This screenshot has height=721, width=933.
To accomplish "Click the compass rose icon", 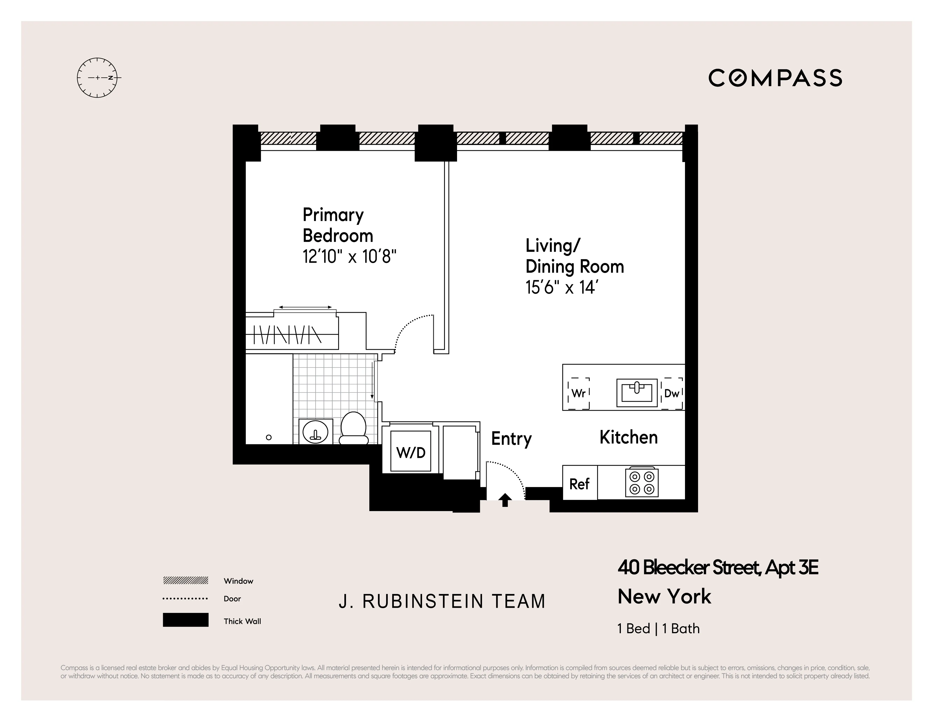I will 97,78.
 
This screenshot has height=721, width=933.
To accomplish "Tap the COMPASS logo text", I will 775,78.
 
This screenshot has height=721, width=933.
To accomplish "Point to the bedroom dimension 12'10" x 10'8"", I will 349,257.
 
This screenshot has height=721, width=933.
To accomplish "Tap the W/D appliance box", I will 411,452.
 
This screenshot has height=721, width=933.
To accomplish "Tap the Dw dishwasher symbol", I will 671,393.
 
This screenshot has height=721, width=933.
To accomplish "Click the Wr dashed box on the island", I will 578,393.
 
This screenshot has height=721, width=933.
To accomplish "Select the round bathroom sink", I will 316,432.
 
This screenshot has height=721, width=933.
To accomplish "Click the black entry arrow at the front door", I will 505,499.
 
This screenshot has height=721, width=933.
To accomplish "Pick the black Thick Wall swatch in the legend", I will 185,620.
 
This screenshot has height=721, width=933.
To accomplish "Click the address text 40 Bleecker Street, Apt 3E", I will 718,568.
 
